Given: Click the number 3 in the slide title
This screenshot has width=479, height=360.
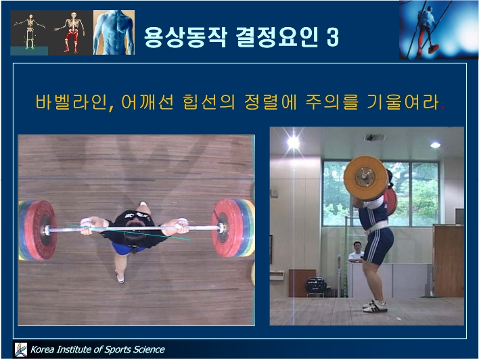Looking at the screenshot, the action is pos(333,37).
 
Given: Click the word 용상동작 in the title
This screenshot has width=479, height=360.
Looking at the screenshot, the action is pos(185,37).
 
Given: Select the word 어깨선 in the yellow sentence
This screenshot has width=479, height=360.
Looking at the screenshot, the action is pos(148,102).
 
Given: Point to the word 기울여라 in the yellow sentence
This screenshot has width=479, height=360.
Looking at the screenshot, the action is pos(403,102).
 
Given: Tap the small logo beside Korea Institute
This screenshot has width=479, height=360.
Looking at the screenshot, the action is pos(21,350).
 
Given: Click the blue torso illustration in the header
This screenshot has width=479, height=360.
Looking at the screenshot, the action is pos(114,32).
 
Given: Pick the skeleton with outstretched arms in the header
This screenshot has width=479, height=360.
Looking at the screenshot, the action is pos(30,32).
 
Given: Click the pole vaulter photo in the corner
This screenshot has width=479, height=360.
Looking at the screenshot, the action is pos(438,30).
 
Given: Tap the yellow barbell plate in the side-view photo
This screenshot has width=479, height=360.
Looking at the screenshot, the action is pos(365,178).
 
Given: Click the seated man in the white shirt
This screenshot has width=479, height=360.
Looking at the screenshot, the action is pos(356,252).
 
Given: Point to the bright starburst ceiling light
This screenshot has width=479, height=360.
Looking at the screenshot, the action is pos(293,142).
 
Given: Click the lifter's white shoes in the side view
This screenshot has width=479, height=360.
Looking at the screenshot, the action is pos(375,306).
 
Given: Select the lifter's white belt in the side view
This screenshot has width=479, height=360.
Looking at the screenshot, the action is pos(377,227).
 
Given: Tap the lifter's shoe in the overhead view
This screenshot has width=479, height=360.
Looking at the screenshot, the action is pos(120,277).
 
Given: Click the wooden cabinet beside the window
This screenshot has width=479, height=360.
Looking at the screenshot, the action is pos(448,261).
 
